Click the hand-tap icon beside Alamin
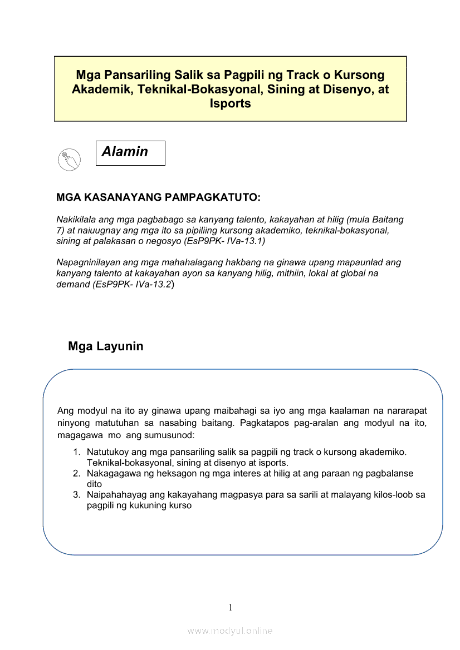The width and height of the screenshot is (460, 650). point(69,160)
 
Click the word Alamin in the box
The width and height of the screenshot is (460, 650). point(125,152)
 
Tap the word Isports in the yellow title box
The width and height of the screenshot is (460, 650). point(230,103)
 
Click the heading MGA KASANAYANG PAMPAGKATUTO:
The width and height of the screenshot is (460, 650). point(159,197)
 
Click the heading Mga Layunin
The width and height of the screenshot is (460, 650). point(105,346)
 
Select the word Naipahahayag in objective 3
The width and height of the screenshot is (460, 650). point(114,495)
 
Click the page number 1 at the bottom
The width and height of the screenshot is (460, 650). point(230,607)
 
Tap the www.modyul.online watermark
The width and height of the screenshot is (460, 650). point(230,631)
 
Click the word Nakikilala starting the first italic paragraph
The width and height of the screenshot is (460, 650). point(76,220)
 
